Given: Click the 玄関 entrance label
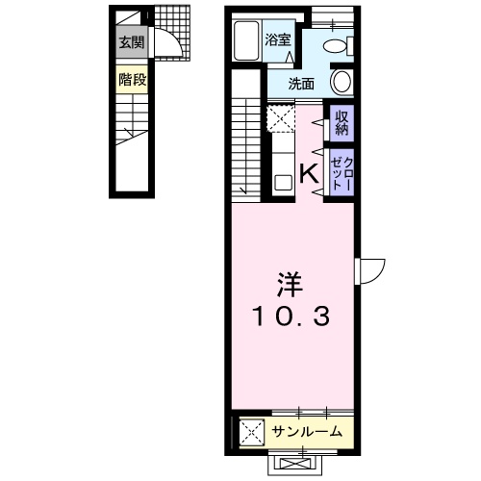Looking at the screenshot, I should tap(133, 42).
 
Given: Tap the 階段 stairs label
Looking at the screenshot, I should tap(133, 80).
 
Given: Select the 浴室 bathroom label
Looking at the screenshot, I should tap(277, 40).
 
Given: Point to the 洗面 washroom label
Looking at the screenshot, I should tap(303, 84).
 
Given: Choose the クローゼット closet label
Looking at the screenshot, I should tap(341, 174).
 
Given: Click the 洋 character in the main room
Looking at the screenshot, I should tap(290, 285).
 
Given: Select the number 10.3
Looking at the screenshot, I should tap(290, 315).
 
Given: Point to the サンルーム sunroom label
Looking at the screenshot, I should tap(306, 432).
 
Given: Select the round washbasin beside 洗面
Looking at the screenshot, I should tap(341, 81).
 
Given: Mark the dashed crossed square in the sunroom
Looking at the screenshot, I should tap(250, 429).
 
